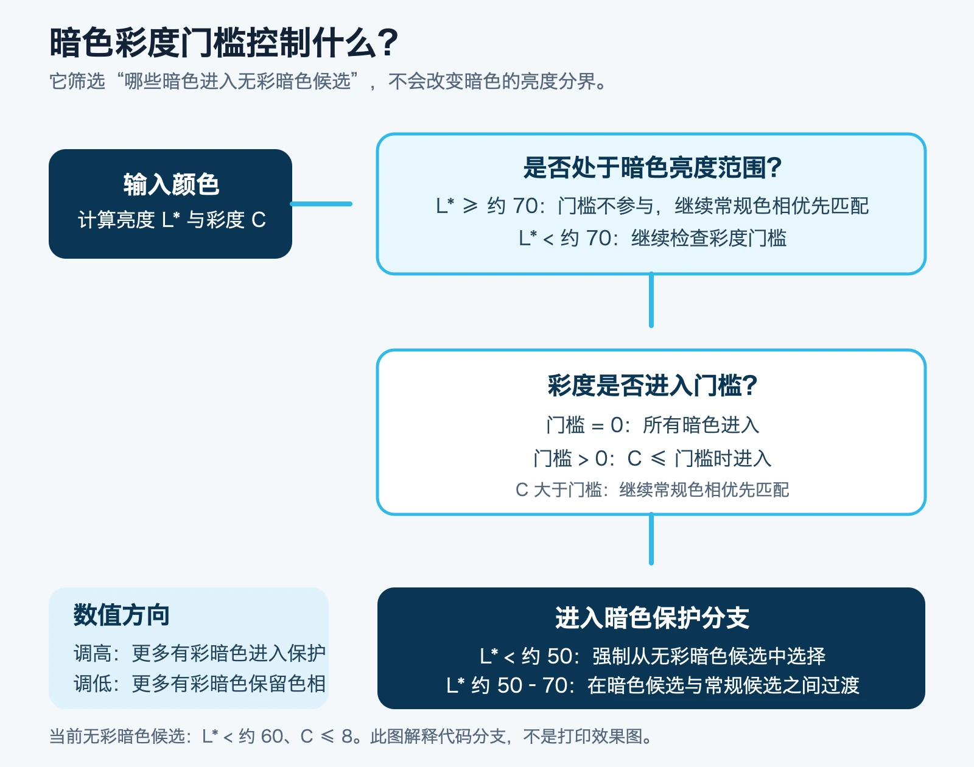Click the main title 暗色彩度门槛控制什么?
click(x=223, y=43)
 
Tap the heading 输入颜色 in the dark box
click(x=171, y=184)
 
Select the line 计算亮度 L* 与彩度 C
click(x=172, y=220)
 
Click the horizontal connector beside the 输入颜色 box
click(x=321, y=204)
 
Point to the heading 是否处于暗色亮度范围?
click(x=652, y=167)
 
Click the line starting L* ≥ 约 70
click(x=652, y=206)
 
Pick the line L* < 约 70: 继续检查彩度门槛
click(x=652, y=238)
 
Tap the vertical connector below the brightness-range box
click(x=651, y=299)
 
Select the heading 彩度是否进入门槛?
click(x=652, y=386)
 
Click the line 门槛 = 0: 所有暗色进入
click(x=652, y=425)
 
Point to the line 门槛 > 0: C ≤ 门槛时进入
click(x=652, y=458)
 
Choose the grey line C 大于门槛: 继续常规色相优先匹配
click(x=652, y=489)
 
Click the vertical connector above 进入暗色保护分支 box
click(x=651, y=539)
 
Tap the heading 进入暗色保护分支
click(x=652, y=618)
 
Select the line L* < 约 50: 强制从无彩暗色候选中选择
click(x=652, y=656)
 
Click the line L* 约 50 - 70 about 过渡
click(x=652, y=685)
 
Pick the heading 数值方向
click(x=121, y=615)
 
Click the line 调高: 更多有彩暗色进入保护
click(x=200, y=653)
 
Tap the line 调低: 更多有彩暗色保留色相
click(x=200, y=684)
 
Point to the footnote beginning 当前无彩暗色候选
click(x=351, y=737)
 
